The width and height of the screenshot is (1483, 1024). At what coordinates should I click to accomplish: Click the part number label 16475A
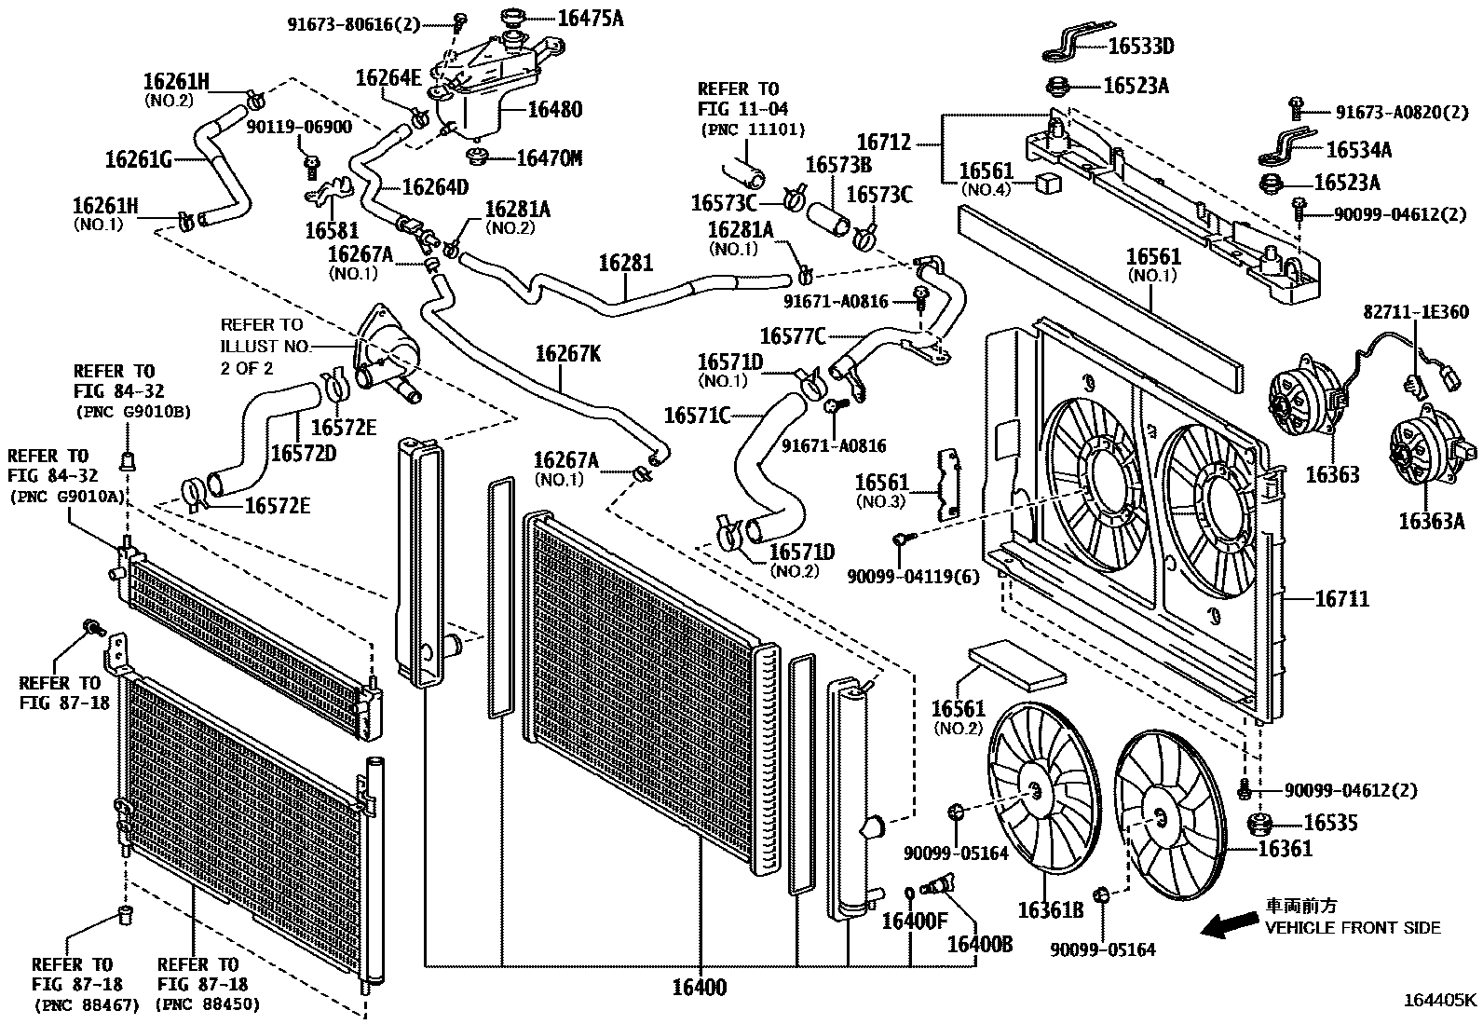(x=591, y=16)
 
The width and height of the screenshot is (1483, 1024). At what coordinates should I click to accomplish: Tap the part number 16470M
(x=549, y=158)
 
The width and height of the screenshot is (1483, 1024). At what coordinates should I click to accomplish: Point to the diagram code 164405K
(x=1440, y=1002)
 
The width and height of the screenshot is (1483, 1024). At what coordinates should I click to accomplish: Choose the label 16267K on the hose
(x=567, y=354)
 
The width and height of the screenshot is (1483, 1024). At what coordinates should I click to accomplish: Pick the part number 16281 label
(x=625, y=263)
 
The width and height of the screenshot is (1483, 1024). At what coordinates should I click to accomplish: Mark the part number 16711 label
(x=1342, y=597)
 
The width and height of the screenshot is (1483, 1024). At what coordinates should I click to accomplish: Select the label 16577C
(x=793, y=335)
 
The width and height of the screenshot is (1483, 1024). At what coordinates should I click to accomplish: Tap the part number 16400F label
(x=914, y=922)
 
